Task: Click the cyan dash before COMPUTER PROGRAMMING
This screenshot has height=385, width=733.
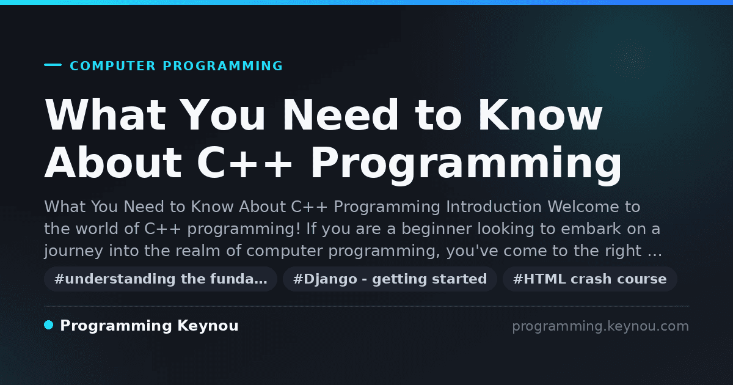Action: click(x=53, y=65)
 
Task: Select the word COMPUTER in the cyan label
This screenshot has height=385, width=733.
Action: click(x=112, y=66)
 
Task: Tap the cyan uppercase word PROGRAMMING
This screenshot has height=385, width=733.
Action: click(x=222, y=66)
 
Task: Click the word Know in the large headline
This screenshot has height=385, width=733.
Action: click(x=540, y=115)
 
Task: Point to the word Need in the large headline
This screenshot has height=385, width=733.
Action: click(x=340, y=115)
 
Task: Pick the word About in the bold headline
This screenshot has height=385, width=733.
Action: click(x=113, y=163)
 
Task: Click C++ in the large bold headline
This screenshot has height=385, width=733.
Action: click(x=244, y=163)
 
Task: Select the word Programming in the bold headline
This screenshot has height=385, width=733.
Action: click(x=466, y=166)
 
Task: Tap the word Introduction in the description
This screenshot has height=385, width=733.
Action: click(x=494, y=207)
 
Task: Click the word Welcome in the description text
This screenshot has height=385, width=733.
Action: click(x=583, y=207)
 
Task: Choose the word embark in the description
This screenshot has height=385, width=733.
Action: click(x=591, y=229)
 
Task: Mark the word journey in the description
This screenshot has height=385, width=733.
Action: click(x=74, y=251)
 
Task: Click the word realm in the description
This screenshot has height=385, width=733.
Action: click(x=198, y=251)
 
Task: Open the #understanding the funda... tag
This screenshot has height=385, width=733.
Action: click(x=161, y=279)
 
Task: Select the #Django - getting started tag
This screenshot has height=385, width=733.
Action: click(x=390, y=279)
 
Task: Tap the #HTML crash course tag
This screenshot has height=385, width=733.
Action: click(x=589, y=279)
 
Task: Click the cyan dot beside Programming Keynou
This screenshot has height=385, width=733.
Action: click(x=49, y=325)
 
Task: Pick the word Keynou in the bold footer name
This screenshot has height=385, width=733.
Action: click(x=208, y=326)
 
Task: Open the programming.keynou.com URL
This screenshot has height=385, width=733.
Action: click(x=600, y=326)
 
